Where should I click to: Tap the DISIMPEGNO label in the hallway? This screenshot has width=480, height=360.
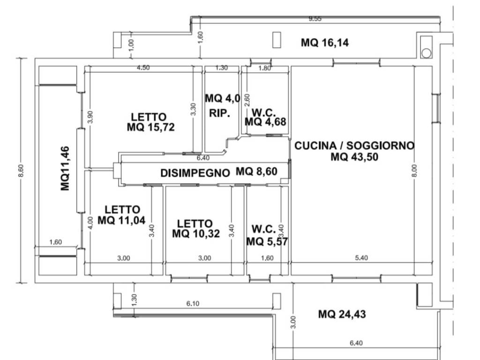tap(195, 173)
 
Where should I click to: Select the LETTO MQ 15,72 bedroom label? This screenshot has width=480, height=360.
tap(150, 122)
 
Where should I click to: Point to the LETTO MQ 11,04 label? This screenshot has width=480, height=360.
tap(121, 215)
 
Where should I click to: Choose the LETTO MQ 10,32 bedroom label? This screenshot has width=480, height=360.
tap(196, 228)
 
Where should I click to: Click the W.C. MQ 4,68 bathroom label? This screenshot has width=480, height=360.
tap(265, 117)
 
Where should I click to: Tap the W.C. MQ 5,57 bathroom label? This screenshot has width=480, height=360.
tap(267, 235)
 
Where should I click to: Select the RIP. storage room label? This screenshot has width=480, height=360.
tap(219, 113)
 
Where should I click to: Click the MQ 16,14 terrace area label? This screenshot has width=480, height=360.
tap(325, 43)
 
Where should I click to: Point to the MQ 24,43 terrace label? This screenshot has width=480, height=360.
tap(342, 314)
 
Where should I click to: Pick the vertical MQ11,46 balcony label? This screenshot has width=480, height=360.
tap(65, 168)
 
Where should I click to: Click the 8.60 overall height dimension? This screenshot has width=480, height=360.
tap(21, 171)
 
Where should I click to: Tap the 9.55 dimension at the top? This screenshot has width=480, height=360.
tap(315, 19)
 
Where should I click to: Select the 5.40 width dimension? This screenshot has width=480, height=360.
tap(361, 258)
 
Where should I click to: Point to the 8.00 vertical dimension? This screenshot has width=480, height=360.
tap(414, 171)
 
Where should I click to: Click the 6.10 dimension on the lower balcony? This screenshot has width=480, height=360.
tap(193, 303)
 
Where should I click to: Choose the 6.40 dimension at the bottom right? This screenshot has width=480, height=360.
tap(356, 343)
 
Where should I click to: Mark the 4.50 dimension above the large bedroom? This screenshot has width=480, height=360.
tap(143, 67)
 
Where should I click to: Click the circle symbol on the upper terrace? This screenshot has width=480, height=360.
tap(427, 53)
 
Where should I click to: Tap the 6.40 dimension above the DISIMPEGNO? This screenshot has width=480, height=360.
tap(203, 158)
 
